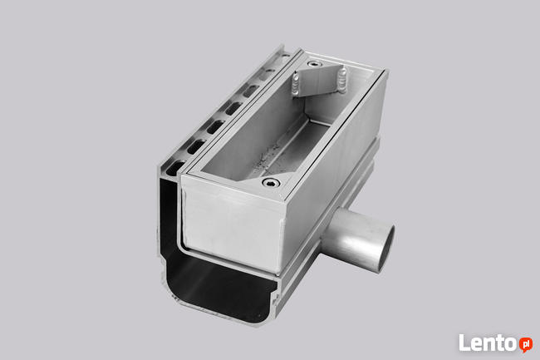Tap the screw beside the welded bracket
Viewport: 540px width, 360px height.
click(x=314, y=64)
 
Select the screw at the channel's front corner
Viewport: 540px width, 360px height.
click(x=270, y=183)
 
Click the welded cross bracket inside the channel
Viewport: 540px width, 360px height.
click(x=320, y=81)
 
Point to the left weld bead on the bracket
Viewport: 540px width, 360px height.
click(x=297, y=85)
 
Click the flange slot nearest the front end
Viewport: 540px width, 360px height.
click(x=175, y=167)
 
